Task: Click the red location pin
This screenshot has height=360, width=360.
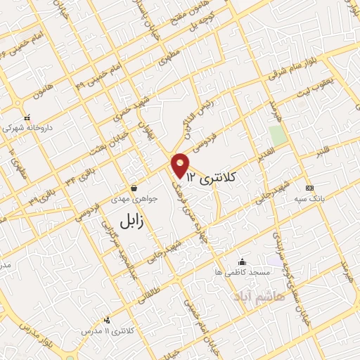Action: [x=181, y=165]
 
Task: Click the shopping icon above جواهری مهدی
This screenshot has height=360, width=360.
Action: [x=134, y=188]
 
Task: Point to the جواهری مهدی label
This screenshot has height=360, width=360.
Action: [x=134, y=198]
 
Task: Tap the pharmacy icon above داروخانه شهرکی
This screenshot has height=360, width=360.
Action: [x=27, y=118]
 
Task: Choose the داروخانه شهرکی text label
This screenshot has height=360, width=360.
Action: [x=27, y=129]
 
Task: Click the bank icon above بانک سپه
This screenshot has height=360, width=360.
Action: [x=309, y=188]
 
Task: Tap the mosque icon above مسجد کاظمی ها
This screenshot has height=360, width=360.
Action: [x=243, y=262]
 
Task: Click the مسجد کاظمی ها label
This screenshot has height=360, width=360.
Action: [x=243, y=272]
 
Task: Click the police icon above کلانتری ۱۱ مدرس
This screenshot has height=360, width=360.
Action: [x=107, y=320]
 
